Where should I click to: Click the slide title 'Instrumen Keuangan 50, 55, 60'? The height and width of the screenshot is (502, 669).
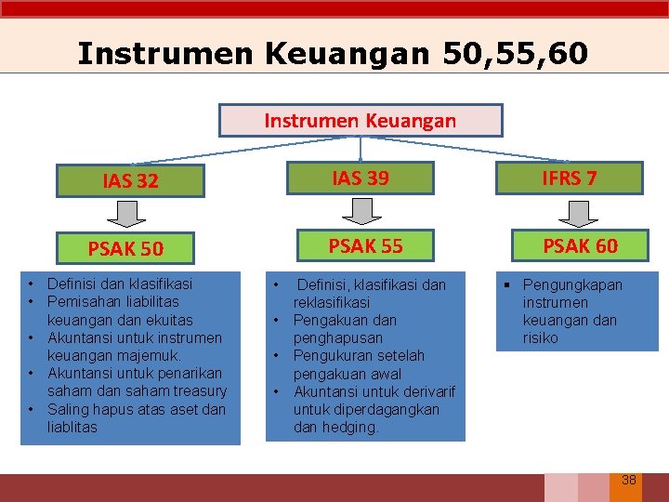tap(333, 53)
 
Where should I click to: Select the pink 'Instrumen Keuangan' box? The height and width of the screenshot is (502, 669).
tap(361, 121)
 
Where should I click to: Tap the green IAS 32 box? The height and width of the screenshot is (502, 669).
tap(130, 180)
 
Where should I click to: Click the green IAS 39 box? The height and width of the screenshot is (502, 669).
tap(361, 178)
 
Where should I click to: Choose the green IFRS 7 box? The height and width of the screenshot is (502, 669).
tap(570, 178)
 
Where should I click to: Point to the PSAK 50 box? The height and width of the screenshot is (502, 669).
tap(125, 248)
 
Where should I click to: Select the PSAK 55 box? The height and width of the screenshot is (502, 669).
tap(366, 245)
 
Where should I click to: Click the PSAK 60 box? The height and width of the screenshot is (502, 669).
tap(580, 245)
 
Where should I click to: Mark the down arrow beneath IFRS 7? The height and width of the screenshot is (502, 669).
tap(581, 212)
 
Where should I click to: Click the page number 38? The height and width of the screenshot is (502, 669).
tap(628, 480)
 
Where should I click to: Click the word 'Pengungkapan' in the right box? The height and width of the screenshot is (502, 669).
tap(572, 284)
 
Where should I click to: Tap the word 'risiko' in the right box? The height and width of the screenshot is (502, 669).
tap(540, 338)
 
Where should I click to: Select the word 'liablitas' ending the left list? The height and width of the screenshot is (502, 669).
tap(72, 428)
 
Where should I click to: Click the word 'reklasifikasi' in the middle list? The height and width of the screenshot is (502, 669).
tap(332, 303)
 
